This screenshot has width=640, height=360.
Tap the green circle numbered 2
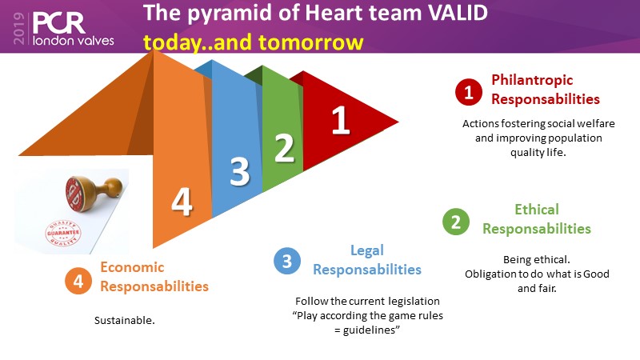(x=456, y=222)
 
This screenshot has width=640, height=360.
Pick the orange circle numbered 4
(x=78, y=281)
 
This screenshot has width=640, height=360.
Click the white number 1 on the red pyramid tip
(x=341, y=121)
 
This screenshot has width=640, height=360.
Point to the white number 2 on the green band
(x=284, y=148)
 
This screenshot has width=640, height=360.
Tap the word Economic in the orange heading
(x=132, y=268)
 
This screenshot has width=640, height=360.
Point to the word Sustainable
(x=124, y=319)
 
